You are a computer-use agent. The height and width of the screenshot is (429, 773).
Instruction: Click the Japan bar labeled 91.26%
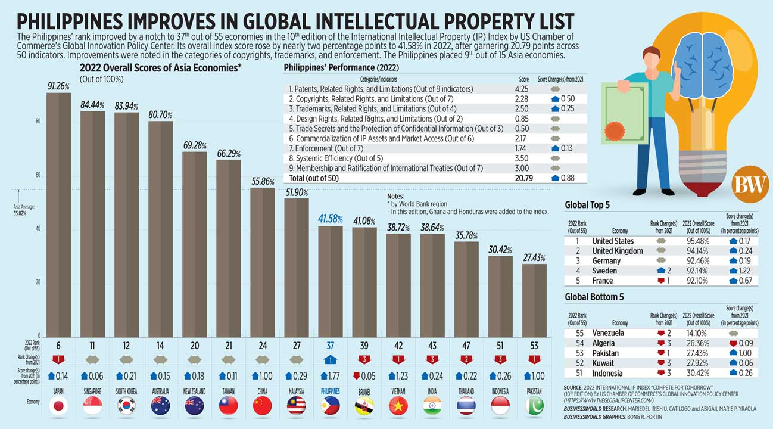click(x=59, y=214)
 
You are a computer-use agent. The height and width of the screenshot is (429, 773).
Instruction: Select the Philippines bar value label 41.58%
click(x=331, y=219)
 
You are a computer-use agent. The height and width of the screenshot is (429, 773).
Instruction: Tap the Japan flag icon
click(x=59, y=405)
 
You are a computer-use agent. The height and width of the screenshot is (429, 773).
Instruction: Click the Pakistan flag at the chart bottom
click(x=534, y=405)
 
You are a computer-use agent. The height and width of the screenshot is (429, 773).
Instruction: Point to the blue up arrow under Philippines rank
click(x=330, y=360)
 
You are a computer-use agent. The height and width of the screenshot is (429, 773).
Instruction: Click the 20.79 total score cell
click(x=523, y=178)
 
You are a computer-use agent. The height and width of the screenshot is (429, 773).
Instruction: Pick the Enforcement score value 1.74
click(x=523, y=148)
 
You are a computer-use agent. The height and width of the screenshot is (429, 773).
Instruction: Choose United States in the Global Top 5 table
click(x=613, y=241)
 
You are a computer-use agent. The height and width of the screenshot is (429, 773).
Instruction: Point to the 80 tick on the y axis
click(x=38, y=122)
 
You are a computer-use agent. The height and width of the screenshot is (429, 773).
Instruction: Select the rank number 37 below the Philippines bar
click(x=330, y=345)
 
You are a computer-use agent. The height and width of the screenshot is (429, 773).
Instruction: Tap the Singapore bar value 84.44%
click(x=92, y=105)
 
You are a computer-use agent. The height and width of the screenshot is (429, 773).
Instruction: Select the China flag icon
click(x=262, y=405)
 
